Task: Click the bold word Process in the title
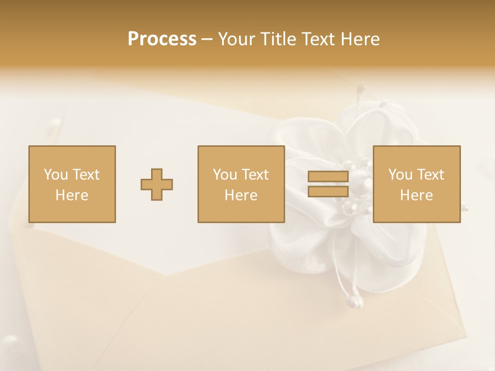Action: pyautogui.click(x=162, y=39)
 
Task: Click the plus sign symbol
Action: pyautogui.click(x=157, y=184)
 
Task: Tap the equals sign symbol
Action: pyautogui.click(x=328, y=184)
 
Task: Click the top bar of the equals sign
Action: pyautogui.click(x=328, y=177)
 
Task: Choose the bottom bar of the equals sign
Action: pyautogui.click(x=328, y=191)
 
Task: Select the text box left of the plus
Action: pyautogui.click(x=72, y=184)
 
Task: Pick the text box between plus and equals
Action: pyautogui.click(x=241, y=184)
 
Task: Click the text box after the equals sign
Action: pyautogui.click(x=417, y=184)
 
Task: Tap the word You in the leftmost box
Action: pyautogui.click(x=55, y=175)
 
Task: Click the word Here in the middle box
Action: pyautogui.click(x=241, y=195)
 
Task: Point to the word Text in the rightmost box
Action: pyautogui.click(x=430, y=175)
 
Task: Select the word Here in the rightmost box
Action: pyautogui.click(x=417, y=195)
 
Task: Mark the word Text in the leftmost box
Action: pyautogui.click(x=86, y=175)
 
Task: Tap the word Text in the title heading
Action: pyautogui.click(x=316, y=39)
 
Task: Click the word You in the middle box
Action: pyautogui.click(x=224, y=175)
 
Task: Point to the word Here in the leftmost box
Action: pyautogui.click(x=72, y=195)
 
